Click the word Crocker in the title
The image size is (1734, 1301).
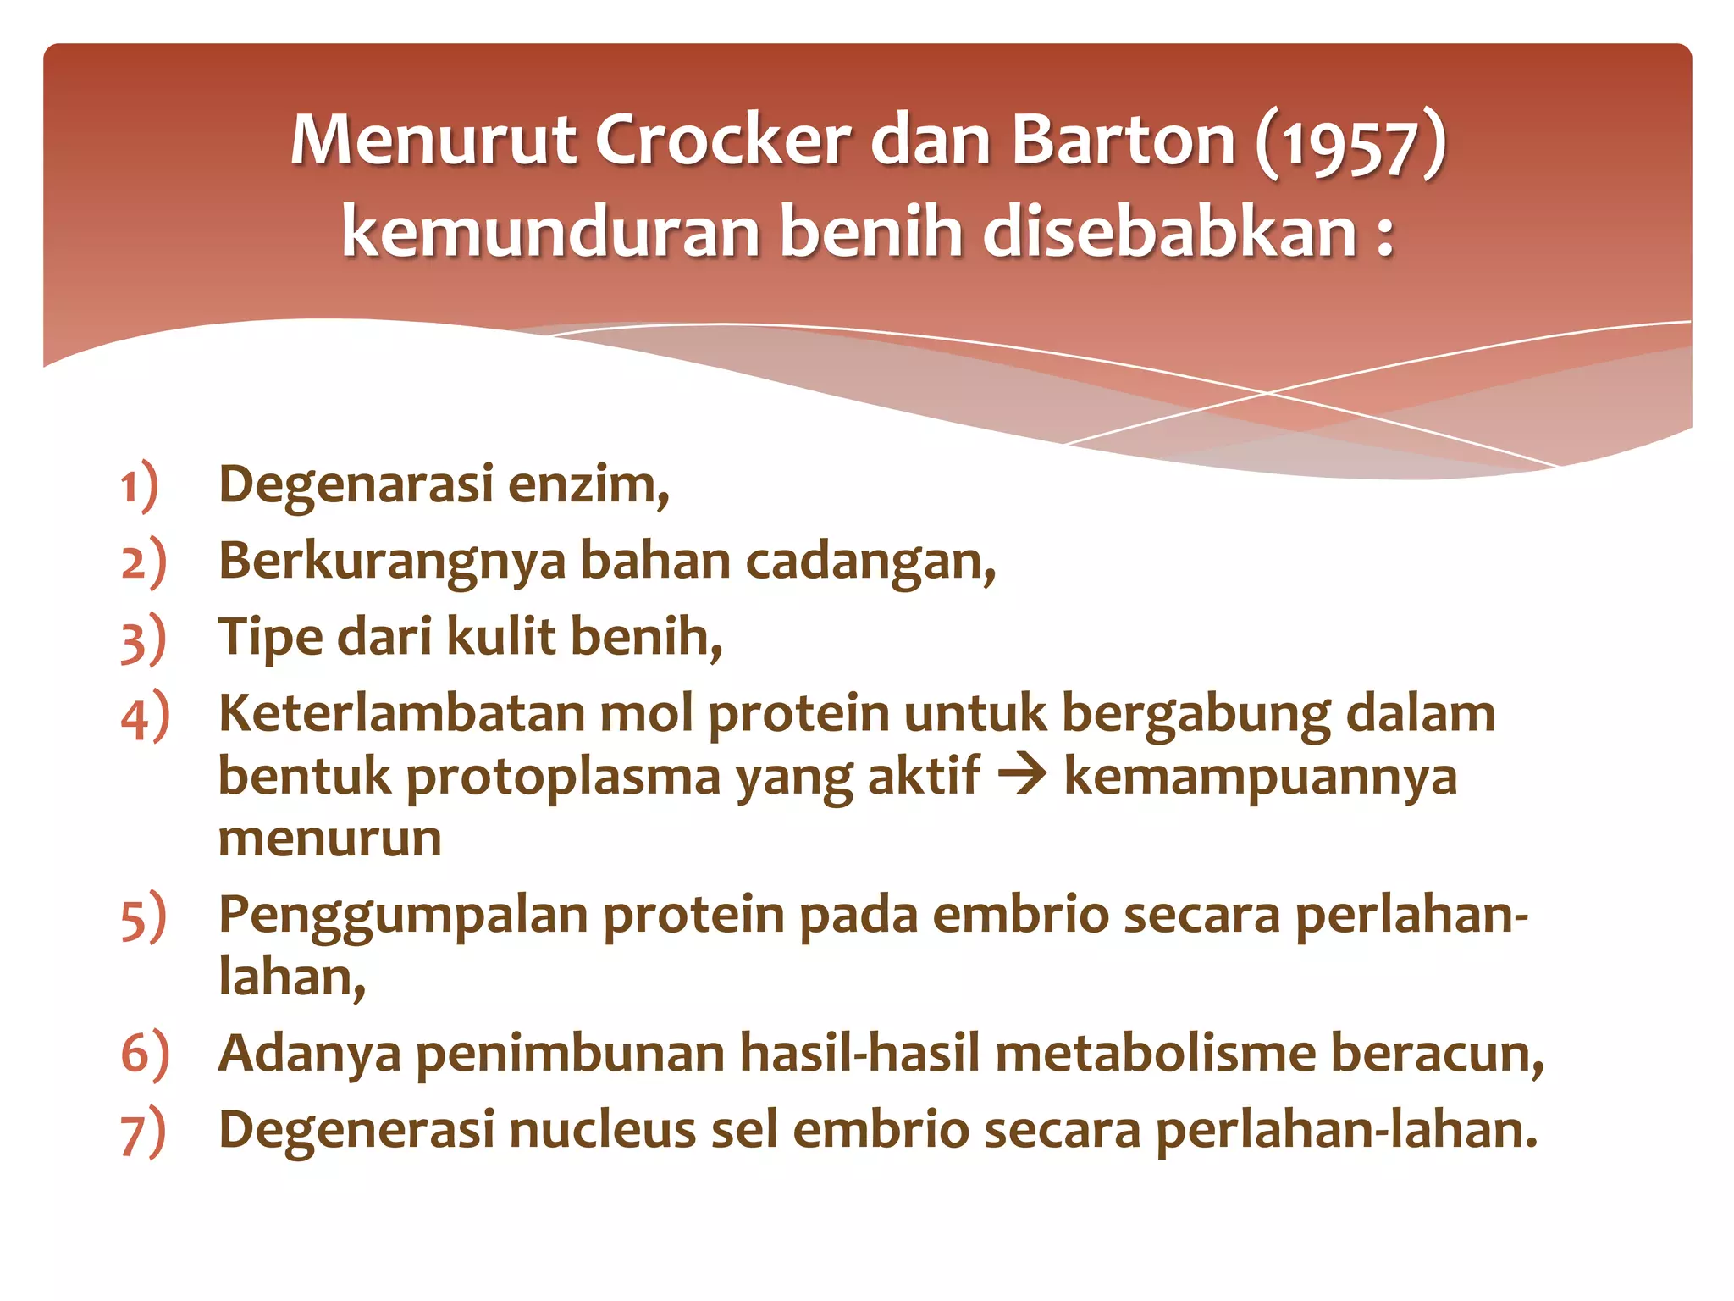click(722, 140)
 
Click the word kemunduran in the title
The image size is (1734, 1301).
click(550, 232)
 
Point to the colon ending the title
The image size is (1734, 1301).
click(1384, 235)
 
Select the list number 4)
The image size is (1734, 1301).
click(145, 716)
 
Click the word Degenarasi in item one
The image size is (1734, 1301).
click(356, 485)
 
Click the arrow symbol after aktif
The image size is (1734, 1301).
click(1022, 776)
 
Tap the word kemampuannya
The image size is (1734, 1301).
click(1260, 778)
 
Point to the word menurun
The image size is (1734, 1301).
click(330, 839)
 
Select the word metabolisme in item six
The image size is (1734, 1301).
click(1155, 1054)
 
